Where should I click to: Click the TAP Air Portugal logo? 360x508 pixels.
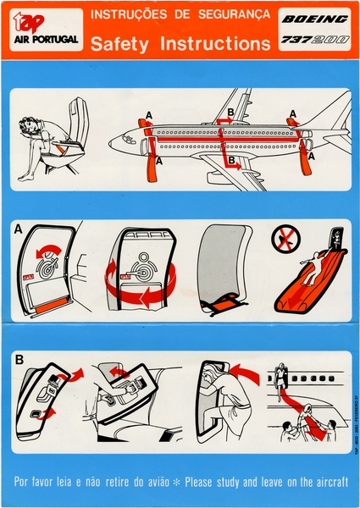coord(45,30)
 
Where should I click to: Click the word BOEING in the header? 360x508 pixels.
coord(314,18)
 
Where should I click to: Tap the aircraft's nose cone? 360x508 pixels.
coord(114,141)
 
